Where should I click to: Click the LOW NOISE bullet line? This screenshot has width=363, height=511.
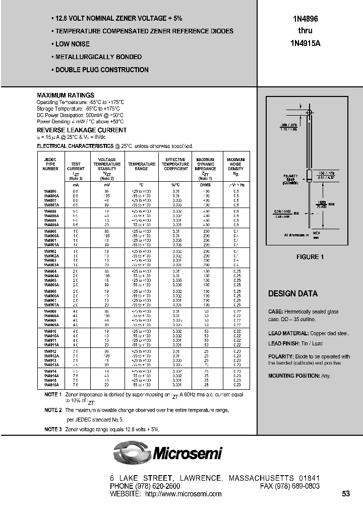70,44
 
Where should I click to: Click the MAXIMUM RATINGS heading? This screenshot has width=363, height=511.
66,95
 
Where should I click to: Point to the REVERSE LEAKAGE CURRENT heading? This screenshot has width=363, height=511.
82,130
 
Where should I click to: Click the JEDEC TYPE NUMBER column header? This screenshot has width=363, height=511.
50,164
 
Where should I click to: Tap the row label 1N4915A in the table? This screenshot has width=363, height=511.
51,384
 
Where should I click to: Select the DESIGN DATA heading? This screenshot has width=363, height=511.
292,294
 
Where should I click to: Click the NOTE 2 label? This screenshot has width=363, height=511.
52,411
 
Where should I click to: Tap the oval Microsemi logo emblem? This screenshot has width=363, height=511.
132,452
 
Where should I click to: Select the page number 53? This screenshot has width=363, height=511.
345,494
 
